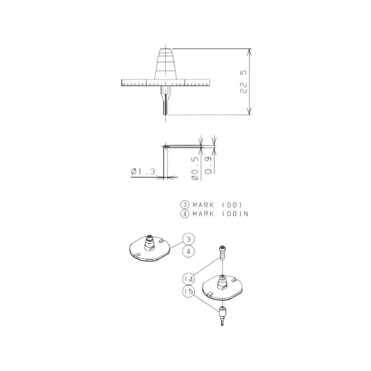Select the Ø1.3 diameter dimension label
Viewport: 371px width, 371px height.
click(143, 171)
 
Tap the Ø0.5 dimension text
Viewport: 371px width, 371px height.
click(195, 168)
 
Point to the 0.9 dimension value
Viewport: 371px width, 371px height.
click(208, 165)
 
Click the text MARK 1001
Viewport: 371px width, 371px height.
click(217, 205)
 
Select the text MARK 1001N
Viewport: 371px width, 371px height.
click(220, 214)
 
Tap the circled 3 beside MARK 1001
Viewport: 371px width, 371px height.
click(185, 205)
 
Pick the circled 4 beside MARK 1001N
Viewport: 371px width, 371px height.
click(185, 214)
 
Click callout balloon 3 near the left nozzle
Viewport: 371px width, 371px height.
click(189, 239)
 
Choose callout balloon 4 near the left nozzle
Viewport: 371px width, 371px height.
click(189, 251)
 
